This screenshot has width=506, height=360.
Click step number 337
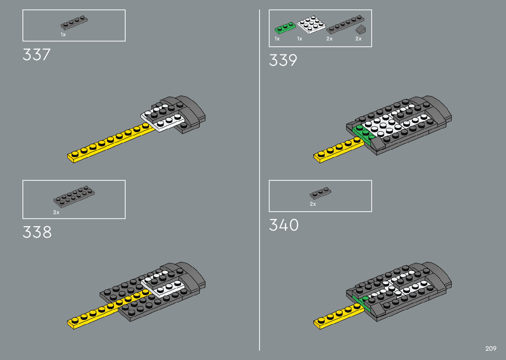[37, 55]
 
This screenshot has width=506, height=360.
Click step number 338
[37, 232]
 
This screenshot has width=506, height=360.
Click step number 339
[283, 60]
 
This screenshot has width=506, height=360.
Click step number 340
[284, 225]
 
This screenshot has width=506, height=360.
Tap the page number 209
[491, 348]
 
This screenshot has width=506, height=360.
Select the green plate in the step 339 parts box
[285, 28]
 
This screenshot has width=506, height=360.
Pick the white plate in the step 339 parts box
[311, 25]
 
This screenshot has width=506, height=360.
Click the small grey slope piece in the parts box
[361, 29]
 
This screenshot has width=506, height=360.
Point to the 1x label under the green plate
[277, 39]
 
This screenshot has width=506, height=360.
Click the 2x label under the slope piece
[358, 39]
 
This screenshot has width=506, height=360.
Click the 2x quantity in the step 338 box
[56, 213]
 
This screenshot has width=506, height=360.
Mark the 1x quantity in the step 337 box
[63, 35]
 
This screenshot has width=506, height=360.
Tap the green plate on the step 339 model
[363, 134]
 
